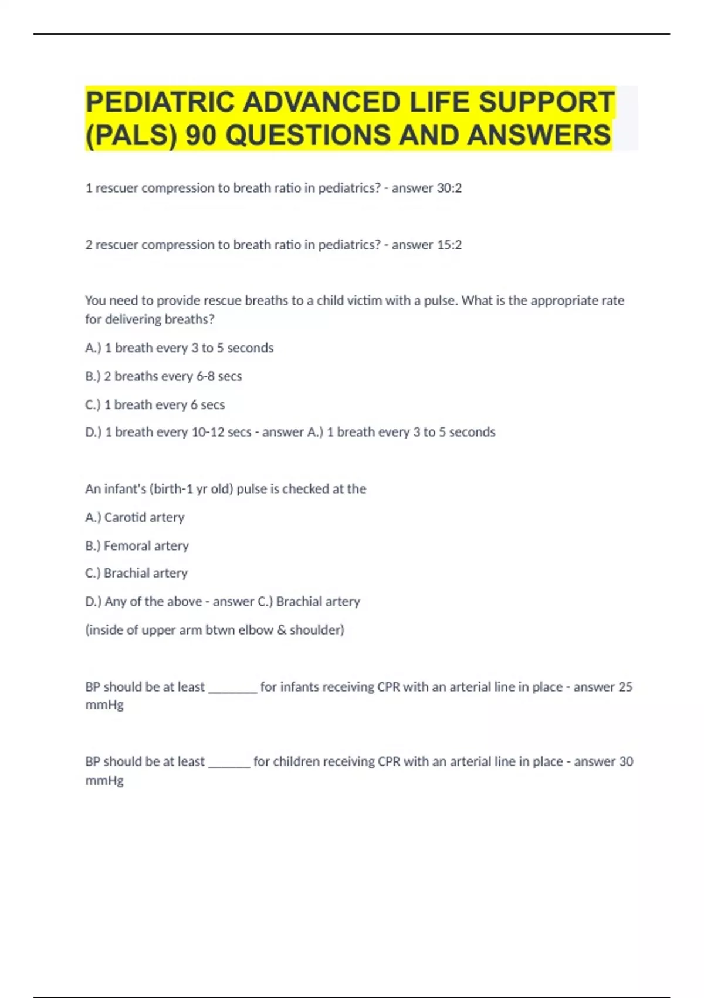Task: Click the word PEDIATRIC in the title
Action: (160, 102)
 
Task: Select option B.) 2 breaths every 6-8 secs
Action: (163, 376)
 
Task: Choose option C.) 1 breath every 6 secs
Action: (155, 405)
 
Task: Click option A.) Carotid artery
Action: (134, 517)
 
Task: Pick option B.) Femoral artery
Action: (137, 546)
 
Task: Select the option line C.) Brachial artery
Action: (136, 573)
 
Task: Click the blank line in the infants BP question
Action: (233, 690)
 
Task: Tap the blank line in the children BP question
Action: (229, 765)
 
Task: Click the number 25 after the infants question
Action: (625, 687)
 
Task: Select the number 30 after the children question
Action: (626, 761)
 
